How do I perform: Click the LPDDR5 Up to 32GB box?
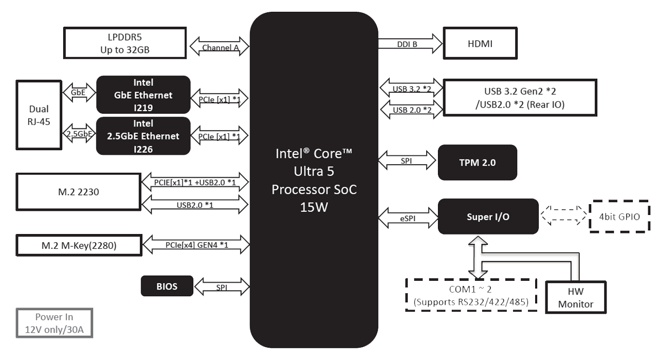click(124, 43)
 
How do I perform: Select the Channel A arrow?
click(220, 47)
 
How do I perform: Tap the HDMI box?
click(480, 44)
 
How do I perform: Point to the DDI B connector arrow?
click(410, 44)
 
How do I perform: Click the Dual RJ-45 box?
click(39, 116)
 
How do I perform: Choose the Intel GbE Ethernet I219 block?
click(143, 95)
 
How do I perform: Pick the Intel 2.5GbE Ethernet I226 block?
click(143, 136)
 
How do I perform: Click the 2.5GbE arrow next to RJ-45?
click(79, 133)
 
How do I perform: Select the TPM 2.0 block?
click(477, 162)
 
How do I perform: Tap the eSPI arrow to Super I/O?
click(407, 217)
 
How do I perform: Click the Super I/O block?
click(488, 217)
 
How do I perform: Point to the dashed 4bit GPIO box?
click(619, 217)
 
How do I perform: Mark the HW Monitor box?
click(575, 297)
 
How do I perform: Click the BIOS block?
click(167, 286)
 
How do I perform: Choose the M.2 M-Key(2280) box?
click(79, 245)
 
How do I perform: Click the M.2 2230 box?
click(79, 192)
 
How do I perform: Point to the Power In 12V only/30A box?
click(54, 323)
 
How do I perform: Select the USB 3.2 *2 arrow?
click(411, 88)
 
